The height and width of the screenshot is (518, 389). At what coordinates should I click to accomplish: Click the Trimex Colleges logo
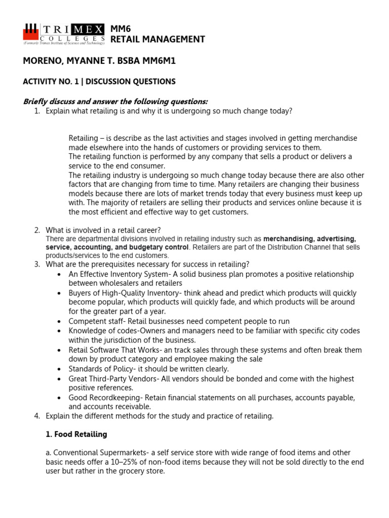tap(63, 34)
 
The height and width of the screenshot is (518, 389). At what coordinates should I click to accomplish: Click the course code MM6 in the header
tap(121, 29)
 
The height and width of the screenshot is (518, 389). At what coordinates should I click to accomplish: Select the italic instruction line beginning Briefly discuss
tap(115, 102)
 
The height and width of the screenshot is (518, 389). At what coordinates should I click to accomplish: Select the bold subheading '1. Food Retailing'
tap(76, 435)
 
